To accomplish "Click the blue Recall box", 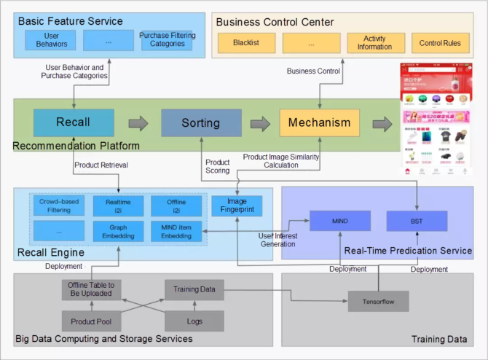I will pyautogui.click(x=73, y=123).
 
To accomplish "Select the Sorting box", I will pyautogui.click(x=200, y=123).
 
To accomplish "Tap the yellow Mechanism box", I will pyautogui.click(x=319, y=123).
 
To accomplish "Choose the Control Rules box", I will pyautogui.click(x=440, y=43).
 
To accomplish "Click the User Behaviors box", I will pyautogui.click(x=51, y=40).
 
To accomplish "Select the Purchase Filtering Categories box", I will pyautogui.click(x=167, y=40).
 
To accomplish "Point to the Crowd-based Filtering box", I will pyautogui.click(x=60, y=206).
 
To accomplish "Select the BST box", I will pyautogui.click(x=417, y=220).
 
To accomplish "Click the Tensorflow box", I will pyautogui.click(x=379, y=300).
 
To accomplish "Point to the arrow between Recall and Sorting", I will pyautogui.click(x=137, y=123).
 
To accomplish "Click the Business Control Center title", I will pyautogui.click(x=275, y=22).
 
